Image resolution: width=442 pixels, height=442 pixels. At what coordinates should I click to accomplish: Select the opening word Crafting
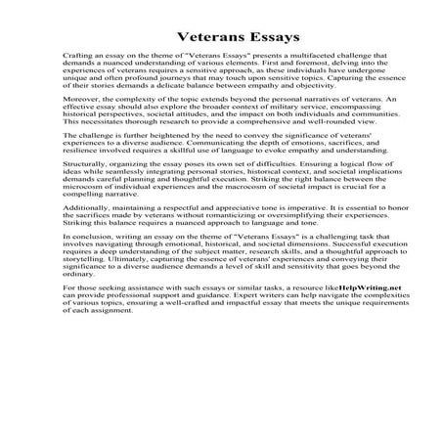(78, 58)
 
